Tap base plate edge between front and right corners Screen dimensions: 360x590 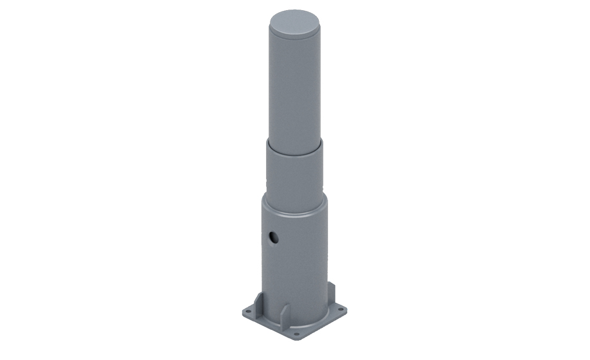coord(321,326)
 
